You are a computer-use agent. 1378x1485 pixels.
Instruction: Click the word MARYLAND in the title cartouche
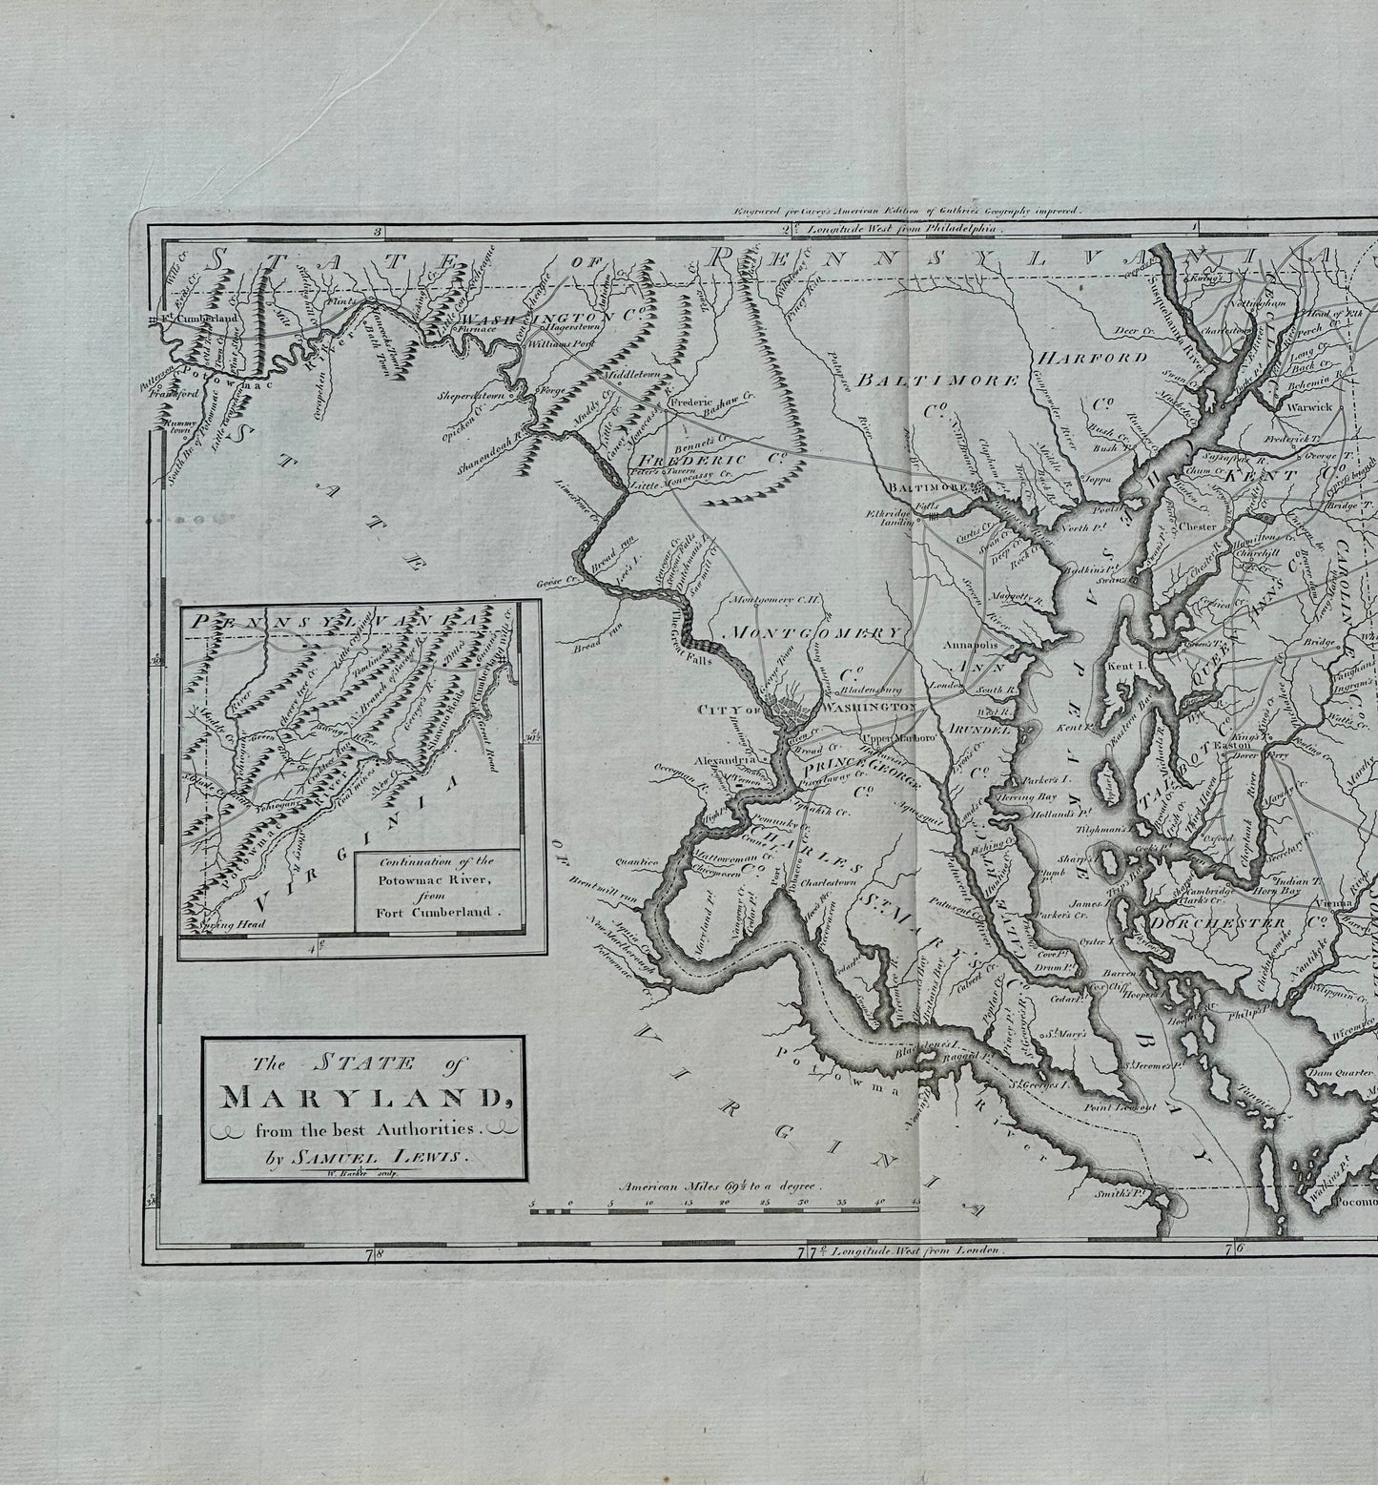pyautogui.click(x=363, y=1096)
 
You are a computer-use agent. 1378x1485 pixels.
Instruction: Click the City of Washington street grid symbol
pyautogui.click(x=792, y=710)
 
